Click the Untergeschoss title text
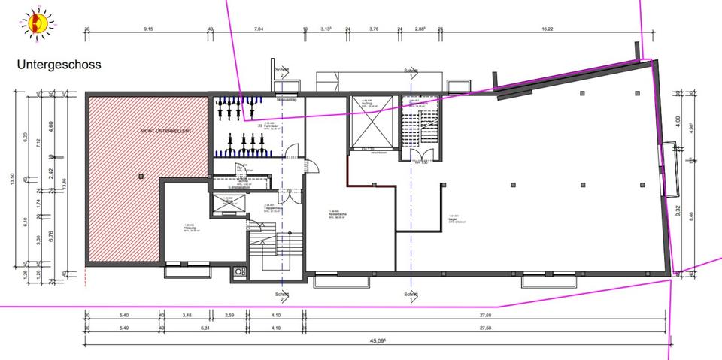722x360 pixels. (59, 65)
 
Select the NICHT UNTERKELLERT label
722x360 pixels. (165, 131)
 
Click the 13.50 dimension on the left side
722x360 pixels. (13, 180)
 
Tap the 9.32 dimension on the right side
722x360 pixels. (678, 213)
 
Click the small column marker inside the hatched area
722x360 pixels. (140, 175)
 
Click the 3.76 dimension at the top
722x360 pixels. (373, 29)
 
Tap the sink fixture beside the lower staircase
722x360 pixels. (240, 271)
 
